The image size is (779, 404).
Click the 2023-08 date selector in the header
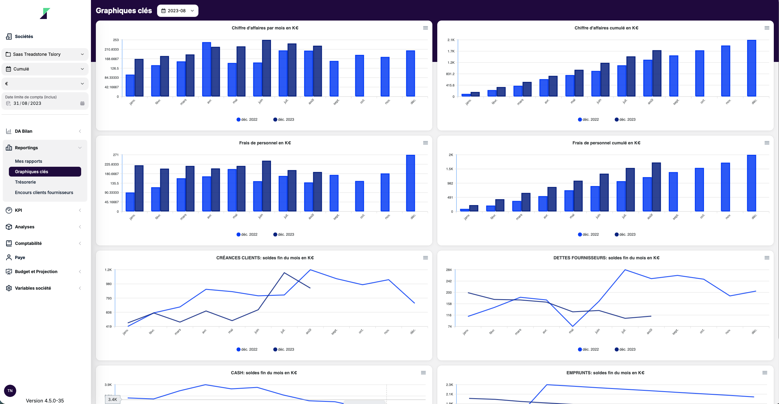point(178,11)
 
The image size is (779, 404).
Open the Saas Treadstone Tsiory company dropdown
point(45,54)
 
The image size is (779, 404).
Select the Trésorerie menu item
point(25,182)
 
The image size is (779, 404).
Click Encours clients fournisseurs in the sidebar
point(44,192)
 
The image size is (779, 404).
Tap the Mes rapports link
point(28,161)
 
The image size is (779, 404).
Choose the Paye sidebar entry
point(20,257)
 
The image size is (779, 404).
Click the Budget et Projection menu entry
point(36,272)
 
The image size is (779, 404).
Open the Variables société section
point(33,288)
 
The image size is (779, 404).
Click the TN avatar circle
point(10,391)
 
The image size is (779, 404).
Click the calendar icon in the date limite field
point(82,103)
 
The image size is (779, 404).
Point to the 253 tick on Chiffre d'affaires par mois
point(116,40)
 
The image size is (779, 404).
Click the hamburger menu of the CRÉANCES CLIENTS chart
point(425,258)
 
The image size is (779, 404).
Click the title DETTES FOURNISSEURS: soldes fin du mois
point(606,258)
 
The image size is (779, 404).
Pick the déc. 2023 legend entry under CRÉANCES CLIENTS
point(284,349)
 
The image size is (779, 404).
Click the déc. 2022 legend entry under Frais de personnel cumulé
point(588,234)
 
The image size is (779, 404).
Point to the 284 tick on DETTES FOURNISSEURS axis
point(449,270)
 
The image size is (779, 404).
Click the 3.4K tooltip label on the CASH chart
point(112,399)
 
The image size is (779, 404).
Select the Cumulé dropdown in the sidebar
point(45,69)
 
